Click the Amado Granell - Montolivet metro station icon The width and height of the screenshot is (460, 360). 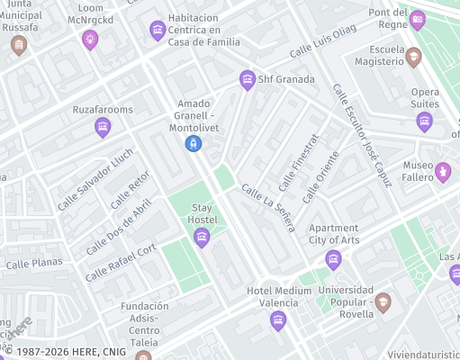click(193, 143)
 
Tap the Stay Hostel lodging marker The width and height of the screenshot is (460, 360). click(202, 237)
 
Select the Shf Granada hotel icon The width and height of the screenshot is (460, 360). click(248, 80)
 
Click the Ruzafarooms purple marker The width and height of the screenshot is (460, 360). click(103, 128)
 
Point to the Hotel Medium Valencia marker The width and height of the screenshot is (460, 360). click(278, 319)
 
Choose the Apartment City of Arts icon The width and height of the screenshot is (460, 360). click(334, 260)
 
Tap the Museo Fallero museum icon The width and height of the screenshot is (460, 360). click(442, 170)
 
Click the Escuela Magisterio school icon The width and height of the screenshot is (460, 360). click(413, 57)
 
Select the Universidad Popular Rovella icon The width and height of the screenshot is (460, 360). click(383, 301)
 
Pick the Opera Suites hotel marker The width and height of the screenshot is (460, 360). click(425, 121)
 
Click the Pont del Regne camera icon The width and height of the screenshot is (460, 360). click(417, 19)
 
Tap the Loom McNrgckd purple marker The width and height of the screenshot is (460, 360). click(89, 38)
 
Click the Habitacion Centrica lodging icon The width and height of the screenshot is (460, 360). click(158, 31)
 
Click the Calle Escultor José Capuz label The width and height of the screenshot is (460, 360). click(362, 135)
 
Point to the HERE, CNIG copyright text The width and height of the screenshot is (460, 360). click(59, 350)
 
